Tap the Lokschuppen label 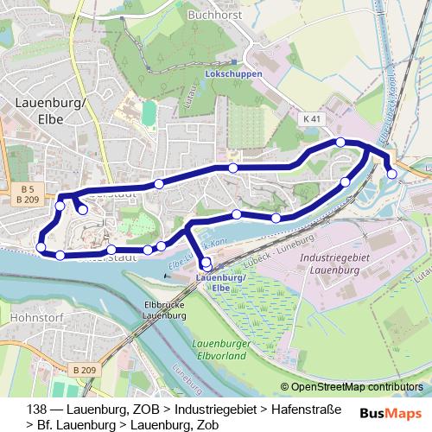click(234, 75)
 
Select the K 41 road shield click(312, 118)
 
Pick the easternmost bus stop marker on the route click(391, 174)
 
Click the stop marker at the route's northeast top click(341, 142)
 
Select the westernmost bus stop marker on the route click(41, 249)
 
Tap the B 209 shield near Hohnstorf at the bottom click(84, 370)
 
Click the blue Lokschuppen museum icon click(233, 62)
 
